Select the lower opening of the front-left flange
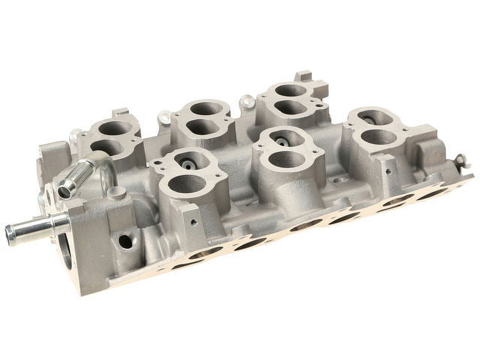(186, 184)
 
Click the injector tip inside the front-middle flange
(280, 141)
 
